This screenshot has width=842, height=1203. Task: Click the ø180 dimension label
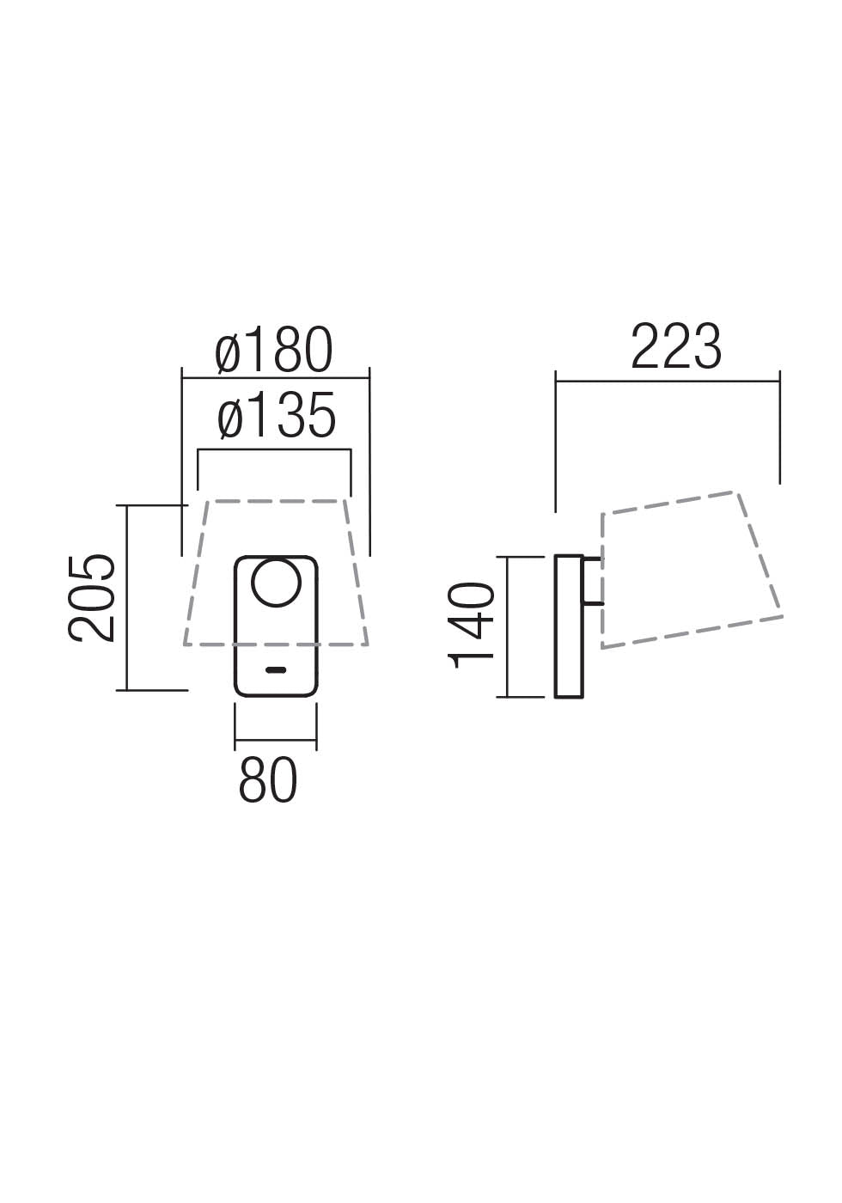[274, 351]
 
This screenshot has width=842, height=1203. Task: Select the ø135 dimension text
[276, 417]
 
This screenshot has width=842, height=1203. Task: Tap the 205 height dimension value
[92, 597]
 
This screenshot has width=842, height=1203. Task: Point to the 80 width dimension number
[268, 781]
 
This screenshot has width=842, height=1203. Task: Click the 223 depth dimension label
[676, 348]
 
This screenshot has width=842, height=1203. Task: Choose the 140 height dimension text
[473, 625]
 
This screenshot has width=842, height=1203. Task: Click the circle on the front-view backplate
[276, 582]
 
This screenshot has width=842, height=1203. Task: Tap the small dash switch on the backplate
[276, 669]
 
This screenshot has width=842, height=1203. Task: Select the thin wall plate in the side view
[569, 626]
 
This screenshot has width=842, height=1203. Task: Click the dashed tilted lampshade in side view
[692, 570]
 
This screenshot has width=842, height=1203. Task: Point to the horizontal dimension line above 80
[275, 740]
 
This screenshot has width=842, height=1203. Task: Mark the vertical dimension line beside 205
[127, 597]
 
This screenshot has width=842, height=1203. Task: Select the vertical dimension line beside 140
[508, 626]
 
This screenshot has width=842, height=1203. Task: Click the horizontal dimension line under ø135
[274, 449]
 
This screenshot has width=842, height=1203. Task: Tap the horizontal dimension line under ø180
[275, 378]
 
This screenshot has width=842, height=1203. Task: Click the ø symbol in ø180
[229, 352]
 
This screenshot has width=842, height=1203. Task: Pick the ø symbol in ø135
[231, 418]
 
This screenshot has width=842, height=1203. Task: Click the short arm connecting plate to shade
[593, 581]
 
